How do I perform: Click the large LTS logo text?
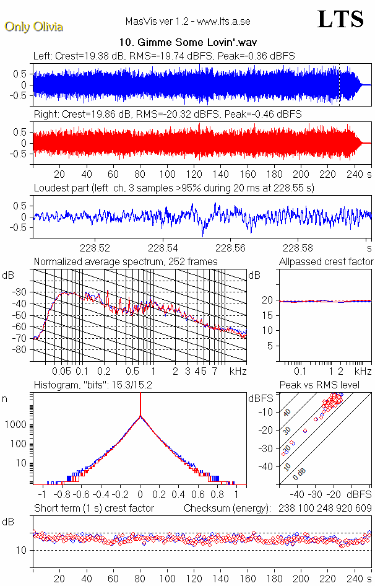[340, 19]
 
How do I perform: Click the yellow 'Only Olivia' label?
[33, 27]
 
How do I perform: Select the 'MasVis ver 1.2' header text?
[157, 21]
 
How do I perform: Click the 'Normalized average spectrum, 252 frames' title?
[126, 262]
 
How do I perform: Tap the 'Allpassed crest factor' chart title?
[326, 262]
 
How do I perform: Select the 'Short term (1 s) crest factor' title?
[94, 509]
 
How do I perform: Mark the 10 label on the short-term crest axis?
[20, 550]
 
